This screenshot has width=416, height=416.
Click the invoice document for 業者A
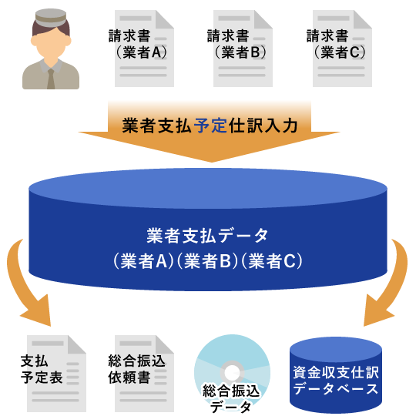pyautogui.click(x=144, y=49)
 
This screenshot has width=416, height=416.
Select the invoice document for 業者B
pyautogui.click(x=243, y=49)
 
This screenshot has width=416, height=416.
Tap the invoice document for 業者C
pyautogui.click(x=342, y=49)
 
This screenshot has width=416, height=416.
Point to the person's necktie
pyautogui.click(x=51, y=79)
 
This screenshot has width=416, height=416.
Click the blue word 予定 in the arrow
pyautogui.click(x=210, y=126)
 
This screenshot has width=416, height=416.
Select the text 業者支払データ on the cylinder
pyautogui.click(x=207, y=236)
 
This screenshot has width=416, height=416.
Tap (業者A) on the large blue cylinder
pyautogui.click(x=143, y=261)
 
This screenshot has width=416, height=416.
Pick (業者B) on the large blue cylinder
pyautogui.click(x=207, y=261)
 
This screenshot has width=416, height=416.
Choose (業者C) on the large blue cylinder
pyautogui.click(x=272, y=261)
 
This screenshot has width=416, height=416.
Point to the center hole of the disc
pyautogui.click(x=232, y=373)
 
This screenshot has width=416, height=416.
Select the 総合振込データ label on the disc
pyautogui.click(x=231, y=398)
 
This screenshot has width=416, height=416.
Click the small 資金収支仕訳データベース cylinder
pyautogui.click(x=336, y=375)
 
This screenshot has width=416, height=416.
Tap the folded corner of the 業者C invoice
pyautogui.click(x=363, y=19)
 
